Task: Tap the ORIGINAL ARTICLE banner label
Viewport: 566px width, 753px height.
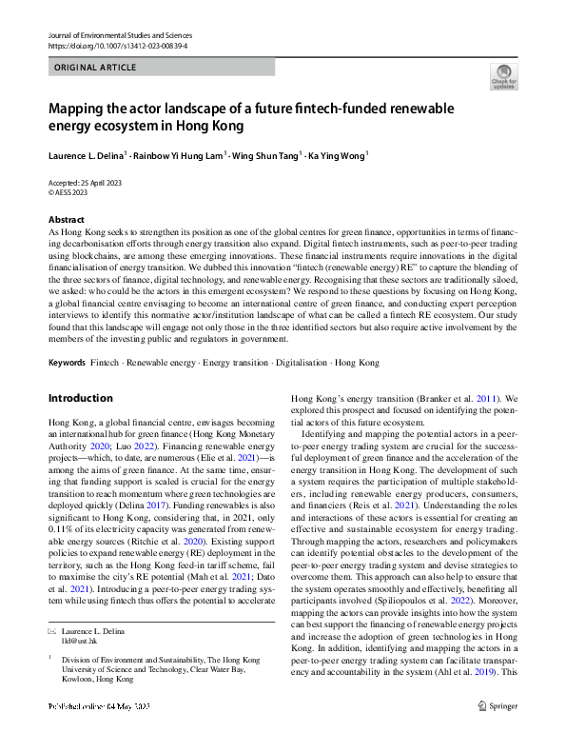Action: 95,68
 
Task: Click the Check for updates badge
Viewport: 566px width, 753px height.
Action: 503,77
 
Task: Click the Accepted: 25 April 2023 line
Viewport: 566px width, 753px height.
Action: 85,182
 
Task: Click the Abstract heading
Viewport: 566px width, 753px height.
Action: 66,220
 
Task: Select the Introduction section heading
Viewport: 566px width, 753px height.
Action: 80,398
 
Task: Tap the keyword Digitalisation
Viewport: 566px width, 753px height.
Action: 295,363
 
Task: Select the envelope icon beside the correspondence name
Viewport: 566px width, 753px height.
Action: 52,630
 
